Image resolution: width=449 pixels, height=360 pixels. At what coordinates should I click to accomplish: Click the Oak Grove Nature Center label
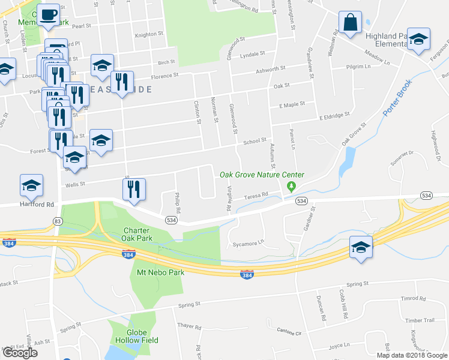pos(262,175)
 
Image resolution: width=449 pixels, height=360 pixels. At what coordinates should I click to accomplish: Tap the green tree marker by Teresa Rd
pos(291,187)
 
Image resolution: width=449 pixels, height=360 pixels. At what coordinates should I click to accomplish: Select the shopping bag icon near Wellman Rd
pos(350,24)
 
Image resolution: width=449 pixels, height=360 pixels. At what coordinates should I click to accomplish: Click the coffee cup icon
pos(50,15)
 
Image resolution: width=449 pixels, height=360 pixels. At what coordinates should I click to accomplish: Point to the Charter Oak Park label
pos(140,235)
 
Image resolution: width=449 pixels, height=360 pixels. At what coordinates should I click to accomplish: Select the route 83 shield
pos(57,221)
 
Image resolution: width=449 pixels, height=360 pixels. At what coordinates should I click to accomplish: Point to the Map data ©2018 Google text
pos(411,355)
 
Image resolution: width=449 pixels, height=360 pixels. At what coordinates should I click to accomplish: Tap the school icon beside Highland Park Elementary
pos(419,40)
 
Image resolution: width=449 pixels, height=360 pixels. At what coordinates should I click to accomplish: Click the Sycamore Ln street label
pos(248,244)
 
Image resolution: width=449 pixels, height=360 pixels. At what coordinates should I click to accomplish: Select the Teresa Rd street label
pos(256,196)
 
